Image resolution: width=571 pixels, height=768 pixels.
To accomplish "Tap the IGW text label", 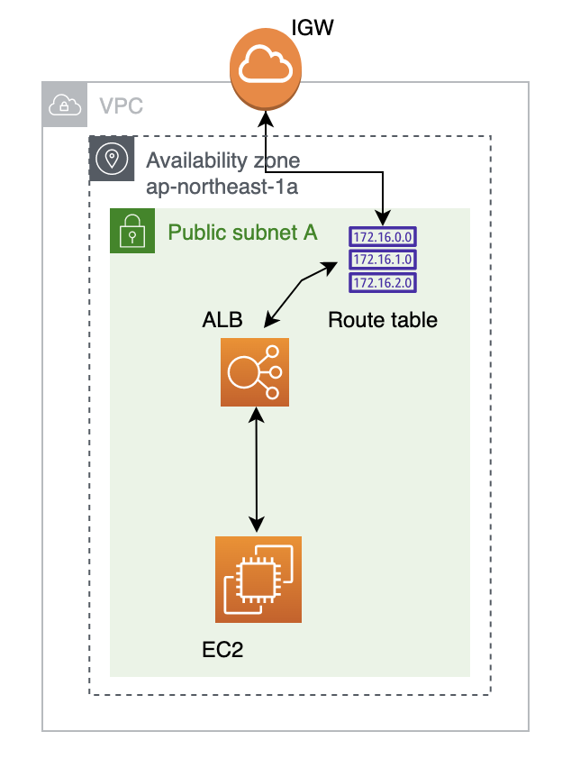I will [x=313, y=28].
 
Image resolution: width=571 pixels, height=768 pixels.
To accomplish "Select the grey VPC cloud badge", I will [x=65, y=105].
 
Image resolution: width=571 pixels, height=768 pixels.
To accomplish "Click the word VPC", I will [x=121, y=106].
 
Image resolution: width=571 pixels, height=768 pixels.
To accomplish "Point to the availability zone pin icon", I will [x=112, y=160].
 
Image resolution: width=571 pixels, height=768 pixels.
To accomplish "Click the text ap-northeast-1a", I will [x=222, y=187].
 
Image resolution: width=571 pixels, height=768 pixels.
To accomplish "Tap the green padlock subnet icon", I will [x=132, y=231].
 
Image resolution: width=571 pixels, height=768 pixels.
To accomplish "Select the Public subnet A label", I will [x=242, y=233].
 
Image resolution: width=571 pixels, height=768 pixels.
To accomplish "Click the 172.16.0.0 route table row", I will [x=383, y=237].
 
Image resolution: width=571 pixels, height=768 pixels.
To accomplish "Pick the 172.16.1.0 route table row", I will [x=383, y=260].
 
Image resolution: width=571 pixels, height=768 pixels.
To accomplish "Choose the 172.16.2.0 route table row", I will [x=383, y=282].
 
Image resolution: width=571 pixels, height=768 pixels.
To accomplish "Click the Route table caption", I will [x=383, y=319].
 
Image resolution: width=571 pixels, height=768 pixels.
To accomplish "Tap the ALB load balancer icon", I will [x=255, y=371].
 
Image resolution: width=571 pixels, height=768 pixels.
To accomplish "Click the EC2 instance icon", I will [x=258, y=580].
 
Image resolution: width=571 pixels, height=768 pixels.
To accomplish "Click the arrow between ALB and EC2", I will [x=258, y=470].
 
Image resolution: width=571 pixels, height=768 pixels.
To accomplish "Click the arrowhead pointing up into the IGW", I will [x=266, y=118].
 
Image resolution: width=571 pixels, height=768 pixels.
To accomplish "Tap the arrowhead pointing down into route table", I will [x=384, y=217].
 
